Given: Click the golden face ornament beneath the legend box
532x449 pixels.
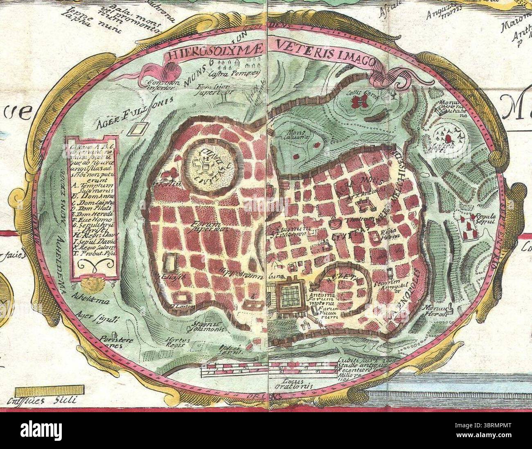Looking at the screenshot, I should point(88,284).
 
